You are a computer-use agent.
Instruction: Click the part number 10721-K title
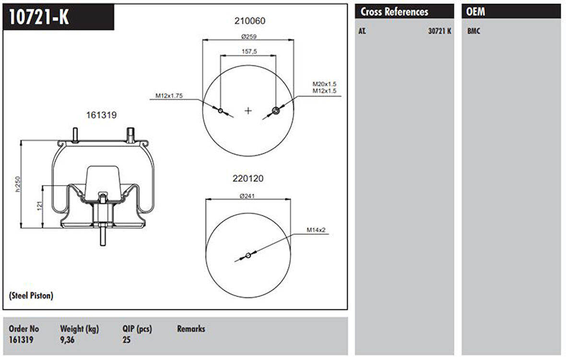click(38, 18)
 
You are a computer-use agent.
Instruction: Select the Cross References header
click(394, 12)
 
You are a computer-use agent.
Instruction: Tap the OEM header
click(475, 12)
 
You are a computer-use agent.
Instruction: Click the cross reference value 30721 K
click(439, 32)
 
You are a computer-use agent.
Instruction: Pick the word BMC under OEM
click(473, 32)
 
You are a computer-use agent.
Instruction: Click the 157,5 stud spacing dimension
click(248, 51)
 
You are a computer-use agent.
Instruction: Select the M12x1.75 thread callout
click(169, 96)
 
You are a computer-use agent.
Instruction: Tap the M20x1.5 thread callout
click(324, 84)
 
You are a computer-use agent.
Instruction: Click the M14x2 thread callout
click(316, 230)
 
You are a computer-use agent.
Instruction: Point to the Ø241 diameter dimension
click(248, 196)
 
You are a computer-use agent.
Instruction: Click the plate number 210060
click(250, 21)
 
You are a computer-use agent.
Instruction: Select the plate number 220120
click(248, 178)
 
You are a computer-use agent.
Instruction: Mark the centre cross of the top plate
click(248, 111)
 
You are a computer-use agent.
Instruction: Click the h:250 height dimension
click(19, 184)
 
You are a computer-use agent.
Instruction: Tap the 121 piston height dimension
click(40, 206)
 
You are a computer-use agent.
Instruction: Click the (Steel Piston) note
click(31, 296)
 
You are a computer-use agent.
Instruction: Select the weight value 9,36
click(67, 340)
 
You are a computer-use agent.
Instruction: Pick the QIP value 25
click(127, 340)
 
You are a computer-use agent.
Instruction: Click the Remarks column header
click(191, 329)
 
